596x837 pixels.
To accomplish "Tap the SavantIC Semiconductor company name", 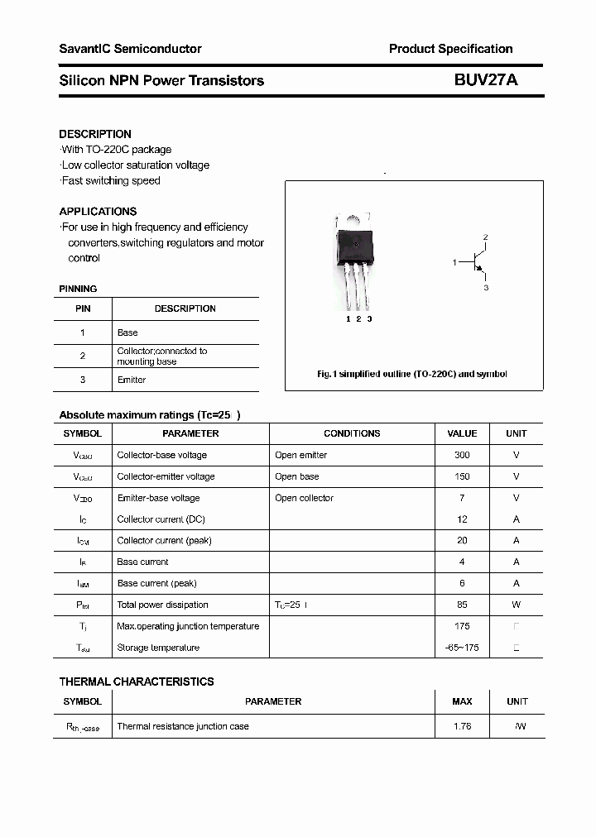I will point(130,49).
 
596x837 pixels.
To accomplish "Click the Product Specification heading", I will point(450,49).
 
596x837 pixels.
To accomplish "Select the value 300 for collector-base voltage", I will point(462,455).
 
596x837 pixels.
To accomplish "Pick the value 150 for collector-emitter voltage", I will point(462,476).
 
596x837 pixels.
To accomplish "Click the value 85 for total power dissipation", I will point(462,605).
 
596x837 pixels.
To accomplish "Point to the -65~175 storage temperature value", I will point(462,648).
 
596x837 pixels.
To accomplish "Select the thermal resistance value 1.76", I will point(462,726).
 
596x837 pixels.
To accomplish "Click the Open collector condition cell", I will point(304,498).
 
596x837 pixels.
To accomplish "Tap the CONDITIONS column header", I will point(352,433).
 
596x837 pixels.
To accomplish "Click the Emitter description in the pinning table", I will point(132,380).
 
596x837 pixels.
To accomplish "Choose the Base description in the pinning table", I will point(127,332).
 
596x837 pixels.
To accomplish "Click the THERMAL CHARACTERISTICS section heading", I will point(137,682).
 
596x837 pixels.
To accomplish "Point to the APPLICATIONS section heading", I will point(98,211).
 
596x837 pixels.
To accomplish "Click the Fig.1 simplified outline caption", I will point(412,374).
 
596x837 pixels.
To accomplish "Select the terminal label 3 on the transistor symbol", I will point(486,288).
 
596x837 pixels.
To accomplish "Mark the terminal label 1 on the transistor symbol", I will point(454,262).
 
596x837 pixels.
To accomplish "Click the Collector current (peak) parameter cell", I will point(164,540).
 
